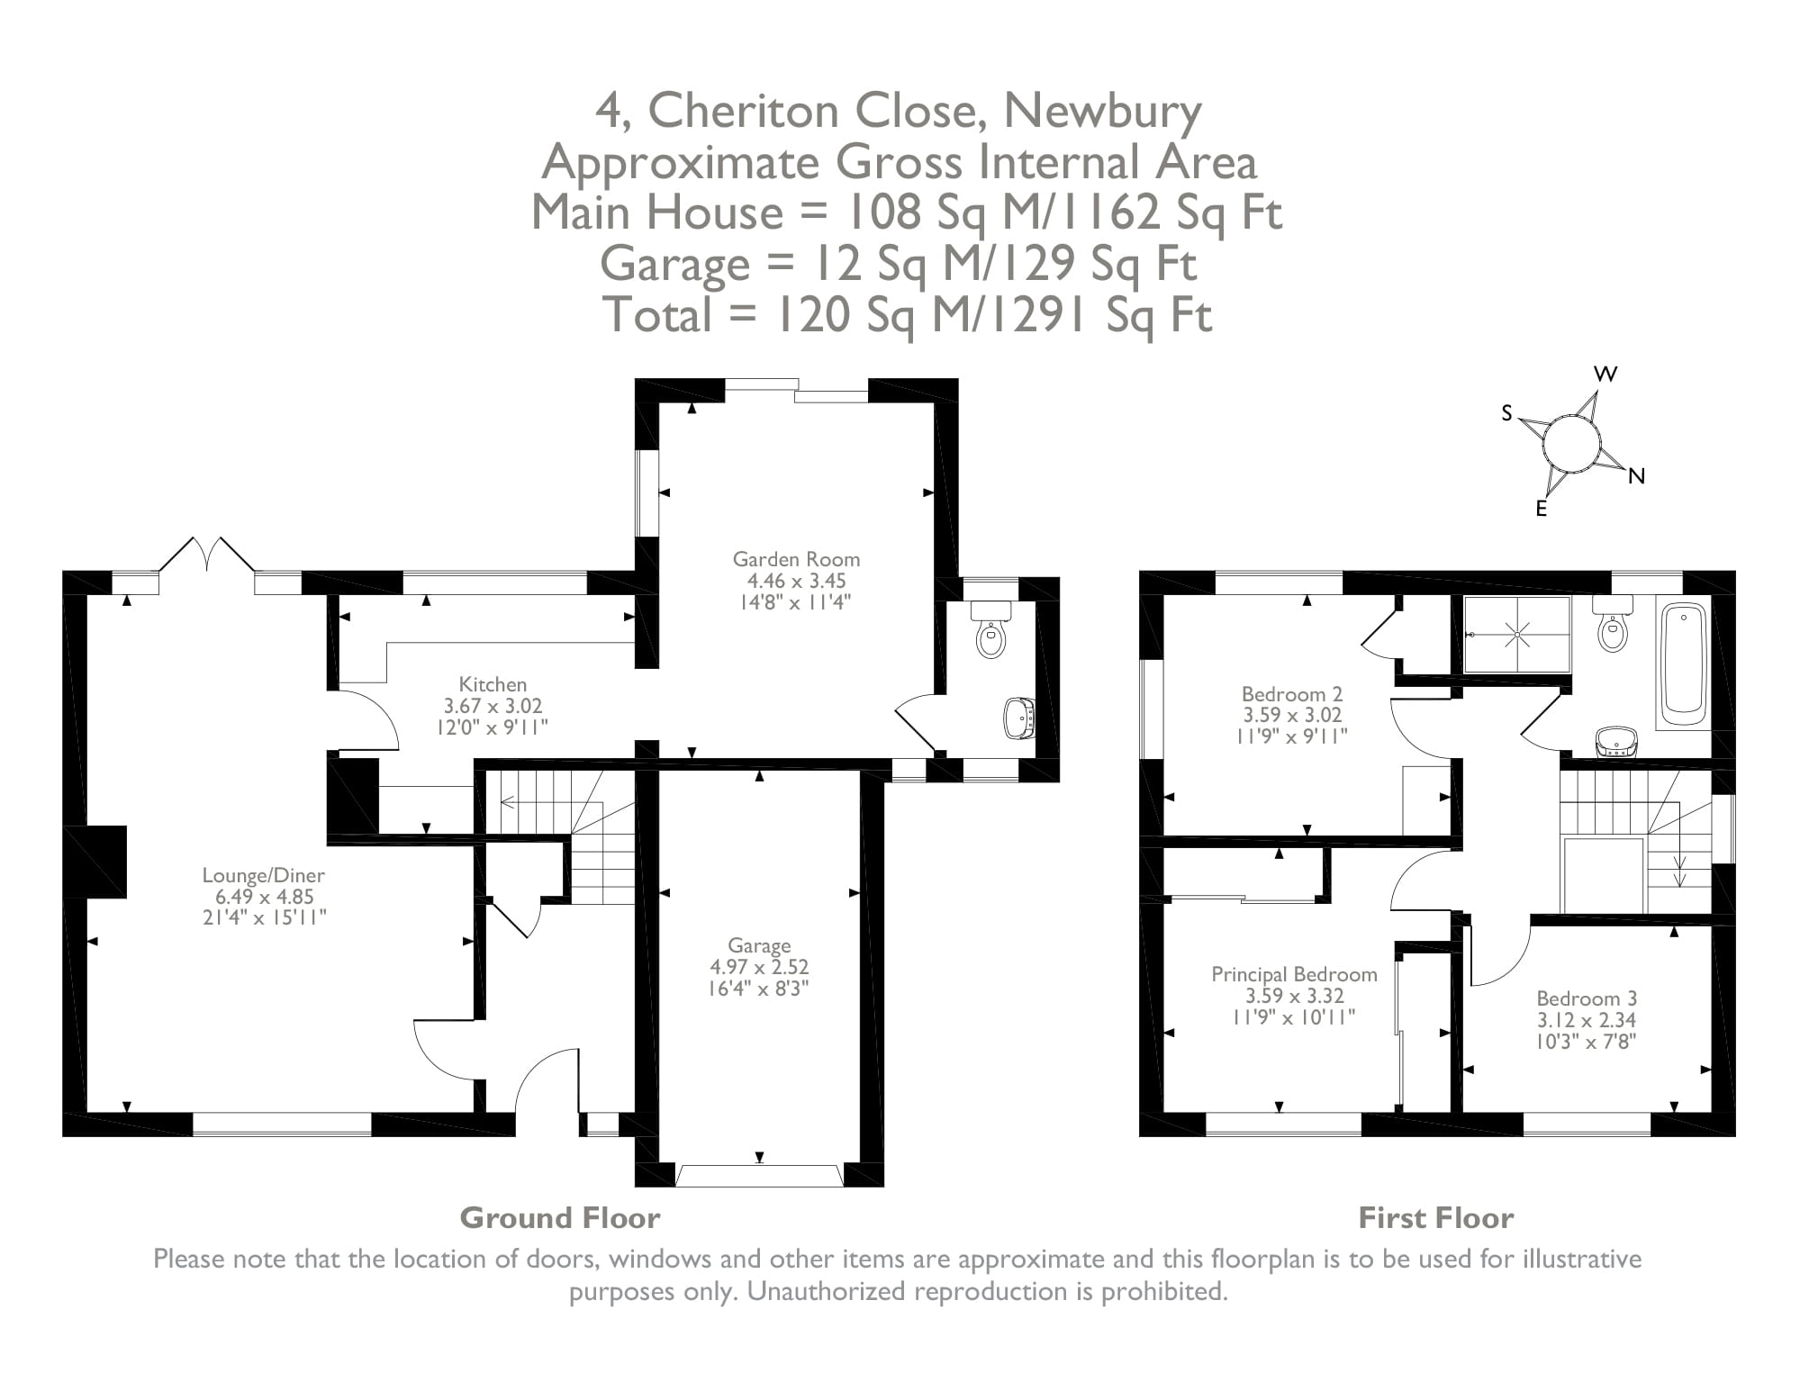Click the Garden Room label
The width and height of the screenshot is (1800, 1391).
click(x=796, y=559)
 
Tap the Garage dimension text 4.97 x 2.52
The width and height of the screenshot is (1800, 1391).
click(x=759, y=967)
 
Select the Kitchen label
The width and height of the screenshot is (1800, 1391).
click(x=493, y=684)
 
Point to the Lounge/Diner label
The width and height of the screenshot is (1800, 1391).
click(x=263, y=875)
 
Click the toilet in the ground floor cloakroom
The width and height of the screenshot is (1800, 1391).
click(x=990, y=635)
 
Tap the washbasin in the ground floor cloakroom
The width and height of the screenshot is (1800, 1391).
click(x=1019, y=718)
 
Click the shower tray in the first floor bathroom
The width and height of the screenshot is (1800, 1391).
click(x=1517, y=635)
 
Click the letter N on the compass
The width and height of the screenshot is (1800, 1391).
click(x=1637, y=477)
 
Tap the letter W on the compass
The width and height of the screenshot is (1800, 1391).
click(x=1606, y=375)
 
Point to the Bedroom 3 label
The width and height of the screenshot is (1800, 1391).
click(x=1587, y=998)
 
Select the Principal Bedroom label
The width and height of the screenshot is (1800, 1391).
click(x=1294, y=974)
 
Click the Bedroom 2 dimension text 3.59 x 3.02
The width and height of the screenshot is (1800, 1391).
click(x=1292, y=716)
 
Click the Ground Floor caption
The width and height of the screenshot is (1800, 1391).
click(x=560, y=1218)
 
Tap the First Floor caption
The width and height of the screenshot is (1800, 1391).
click(x=1435, y=1218)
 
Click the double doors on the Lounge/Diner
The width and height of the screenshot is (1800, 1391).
click(x=207, y=555)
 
